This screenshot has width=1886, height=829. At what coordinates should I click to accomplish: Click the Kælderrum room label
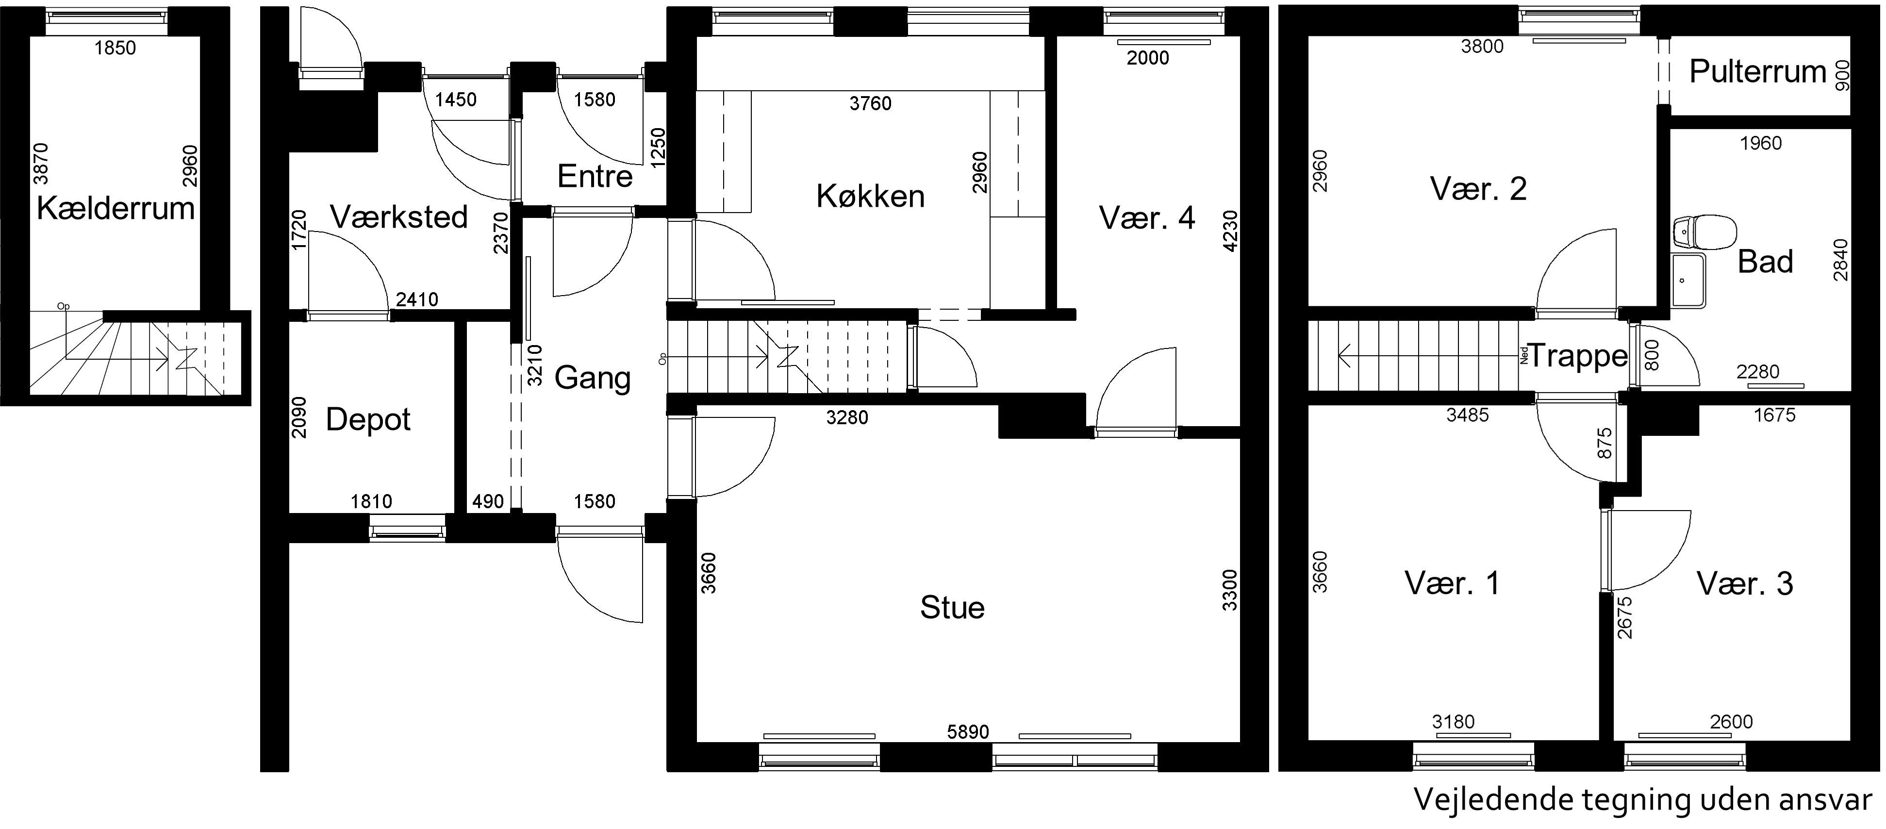[x=116, y=209]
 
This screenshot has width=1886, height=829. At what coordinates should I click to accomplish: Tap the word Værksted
[x=399, y=217]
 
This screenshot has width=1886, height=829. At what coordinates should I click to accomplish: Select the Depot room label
[x=368, y=420]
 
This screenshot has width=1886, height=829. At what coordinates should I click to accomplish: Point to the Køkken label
[x=871, y=196]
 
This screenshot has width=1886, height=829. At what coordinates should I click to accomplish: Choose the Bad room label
[x=1765, y=262]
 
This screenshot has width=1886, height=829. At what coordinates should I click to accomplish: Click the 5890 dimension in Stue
[x=968, y=731]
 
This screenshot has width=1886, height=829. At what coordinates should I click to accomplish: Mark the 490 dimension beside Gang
[x=488, y=502]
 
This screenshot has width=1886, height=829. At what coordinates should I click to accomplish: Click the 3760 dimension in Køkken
[x=871, y=104]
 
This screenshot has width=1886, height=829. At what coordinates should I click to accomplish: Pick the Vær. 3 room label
[x=1745, y=584]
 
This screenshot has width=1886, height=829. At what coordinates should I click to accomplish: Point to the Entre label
[x=595, y=177]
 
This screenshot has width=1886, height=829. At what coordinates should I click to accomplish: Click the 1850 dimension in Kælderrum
[x=115, y=49]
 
